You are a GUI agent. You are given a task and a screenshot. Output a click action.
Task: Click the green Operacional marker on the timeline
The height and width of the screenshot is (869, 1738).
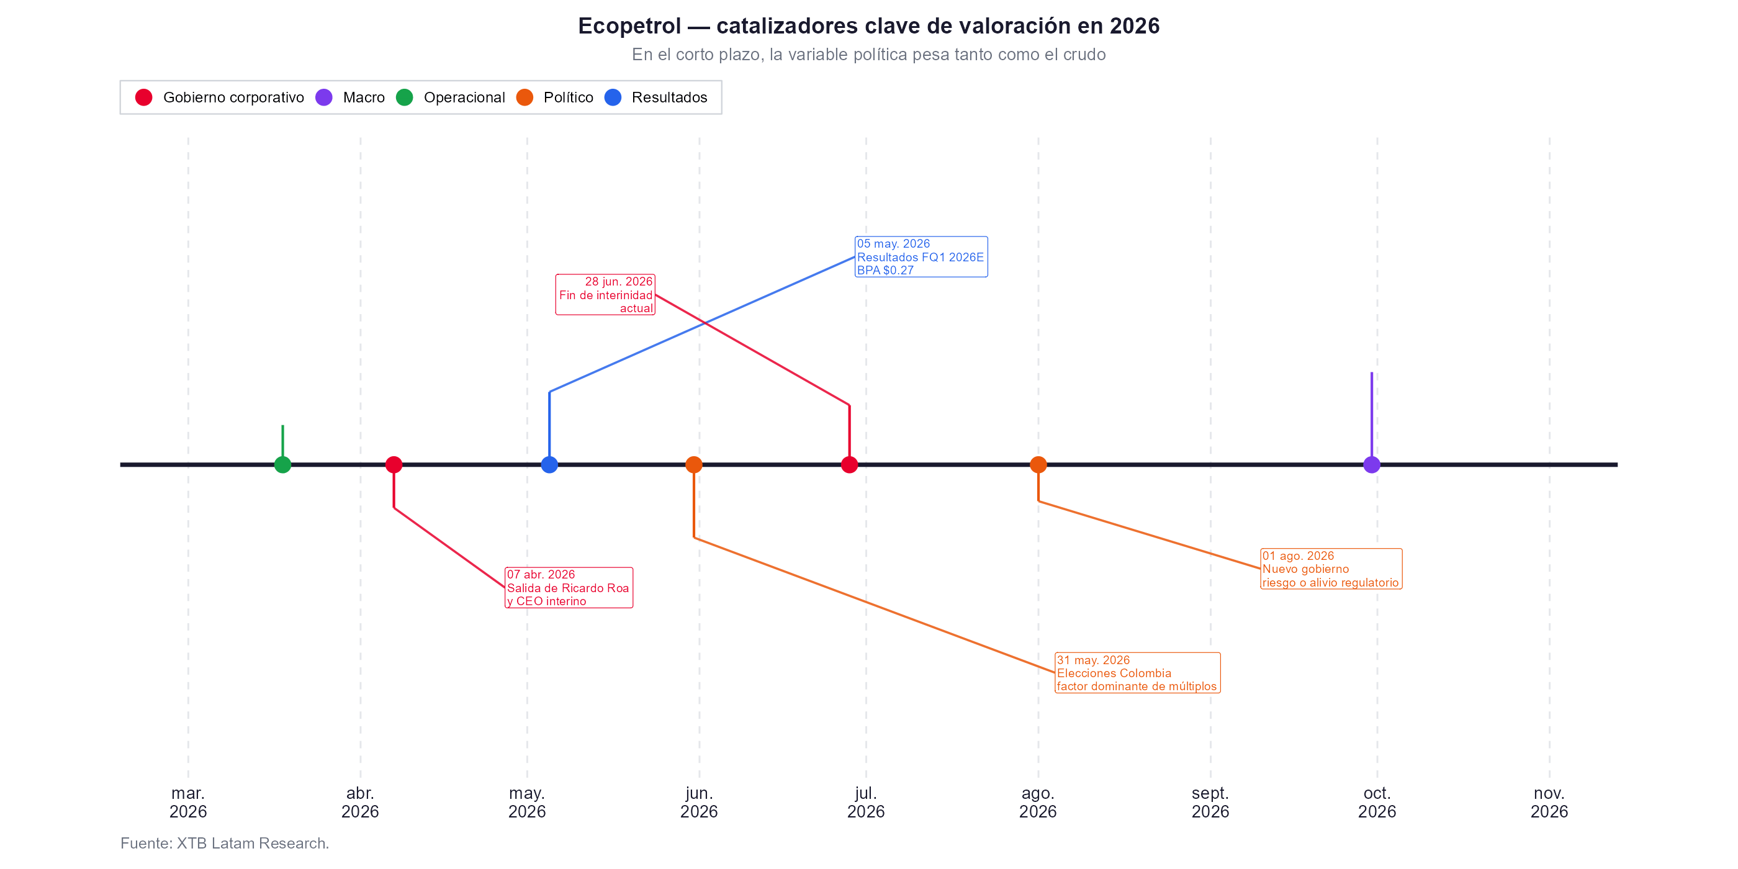(282, 464)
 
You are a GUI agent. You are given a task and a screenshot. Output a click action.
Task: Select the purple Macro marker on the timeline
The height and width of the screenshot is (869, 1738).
(1371, 464)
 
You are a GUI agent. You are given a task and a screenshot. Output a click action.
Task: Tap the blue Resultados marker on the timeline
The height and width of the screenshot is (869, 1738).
(549, 464)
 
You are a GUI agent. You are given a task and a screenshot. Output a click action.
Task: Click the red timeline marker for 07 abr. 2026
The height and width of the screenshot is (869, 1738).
(394, 464)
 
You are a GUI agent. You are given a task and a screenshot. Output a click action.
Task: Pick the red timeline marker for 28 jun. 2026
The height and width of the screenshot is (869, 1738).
(849, 464)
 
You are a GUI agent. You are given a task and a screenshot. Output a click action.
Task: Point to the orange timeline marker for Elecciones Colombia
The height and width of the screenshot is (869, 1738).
(693, 464)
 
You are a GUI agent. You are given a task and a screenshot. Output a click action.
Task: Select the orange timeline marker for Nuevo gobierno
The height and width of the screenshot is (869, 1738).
(1038, 464)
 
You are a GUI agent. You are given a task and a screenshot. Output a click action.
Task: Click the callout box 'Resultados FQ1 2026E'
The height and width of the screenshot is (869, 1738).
(921, 257)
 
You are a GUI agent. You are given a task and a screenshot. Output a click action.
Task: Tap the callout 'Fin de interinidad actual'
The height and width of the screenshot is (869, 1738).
(605, 295)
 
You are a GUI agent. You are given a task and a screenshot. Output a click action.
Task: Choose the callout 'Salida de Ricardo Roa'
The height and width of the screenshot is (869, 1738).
(569, 588)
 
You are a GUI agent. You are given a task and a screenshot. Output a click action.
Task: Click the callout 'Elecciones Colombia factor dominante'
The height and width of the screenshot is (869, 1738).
(1138, 673)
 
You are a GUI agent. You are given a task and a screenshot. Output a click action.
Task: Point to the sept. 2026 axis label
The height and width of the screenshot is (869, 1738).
(1210, 802)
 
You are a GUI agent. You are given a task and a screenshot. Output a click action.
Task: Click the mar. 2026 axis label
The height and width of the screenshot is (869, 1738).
(188, 802)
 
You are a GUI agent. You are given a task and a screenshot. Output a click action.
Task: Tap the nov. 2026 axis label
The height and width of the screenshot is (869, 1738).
(1549, 802)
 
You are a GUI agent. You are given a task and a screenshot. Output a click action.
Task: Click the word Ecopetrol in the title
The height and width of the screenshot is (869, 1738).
(629, 25)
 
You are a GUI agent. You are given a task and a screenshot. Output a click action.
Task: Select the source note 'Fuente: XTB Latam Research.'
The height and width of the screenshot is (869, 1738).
(225, 844)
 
